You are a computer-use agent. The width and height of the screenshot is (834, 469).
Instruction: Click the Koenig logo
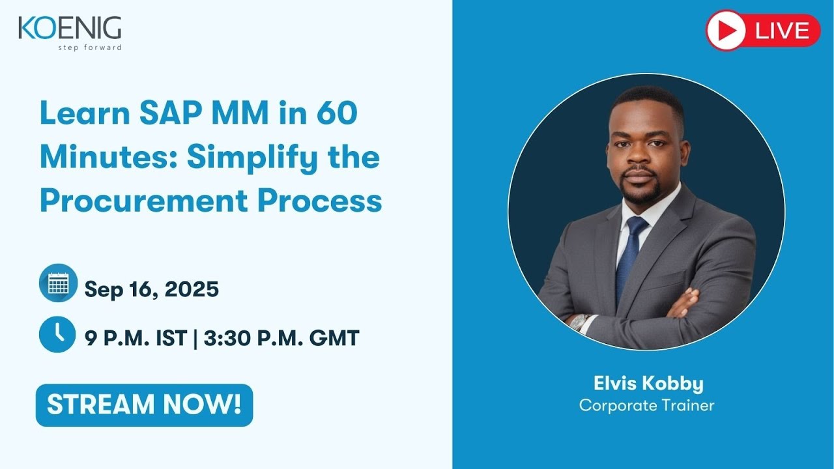click(x=70, y=29)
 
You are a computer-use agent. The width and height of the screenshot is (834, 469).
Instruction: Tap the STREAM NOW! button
click(x=144, y=405)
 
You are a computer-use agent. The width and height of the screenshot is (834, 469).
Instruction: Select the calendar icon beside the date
click(x=58, y=283)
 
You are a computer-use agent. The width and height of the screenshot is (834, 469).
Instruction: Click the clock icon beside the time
click(x=58, y=334)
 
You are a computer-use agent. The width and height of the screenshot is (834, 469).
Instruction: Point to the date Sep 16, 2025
click(x=151, y=289)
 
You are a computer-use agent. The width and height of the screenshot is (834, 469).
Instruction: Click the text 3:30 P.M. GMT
click(x=281, y=338)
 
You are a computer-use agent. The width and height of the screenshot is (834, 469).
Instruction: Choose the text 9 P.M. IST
click(x=136, y=338)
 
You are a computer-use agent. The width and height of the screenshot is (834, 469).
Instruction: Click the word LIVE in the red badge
click(x=783, y=31)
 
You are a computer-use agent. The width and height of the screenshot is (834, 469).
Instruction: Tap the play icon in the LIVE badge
click(x=726, y=31)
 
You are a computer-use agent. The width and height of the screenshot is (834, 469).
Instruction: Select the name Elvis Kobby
click(x=648, y=384)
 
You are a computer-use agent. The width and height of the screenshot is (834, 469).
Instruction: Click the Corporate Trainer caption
click(x=646, y=405)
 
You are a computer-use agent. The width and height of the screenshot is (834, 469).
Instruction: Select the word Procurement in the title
click(x=143, y=201)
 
